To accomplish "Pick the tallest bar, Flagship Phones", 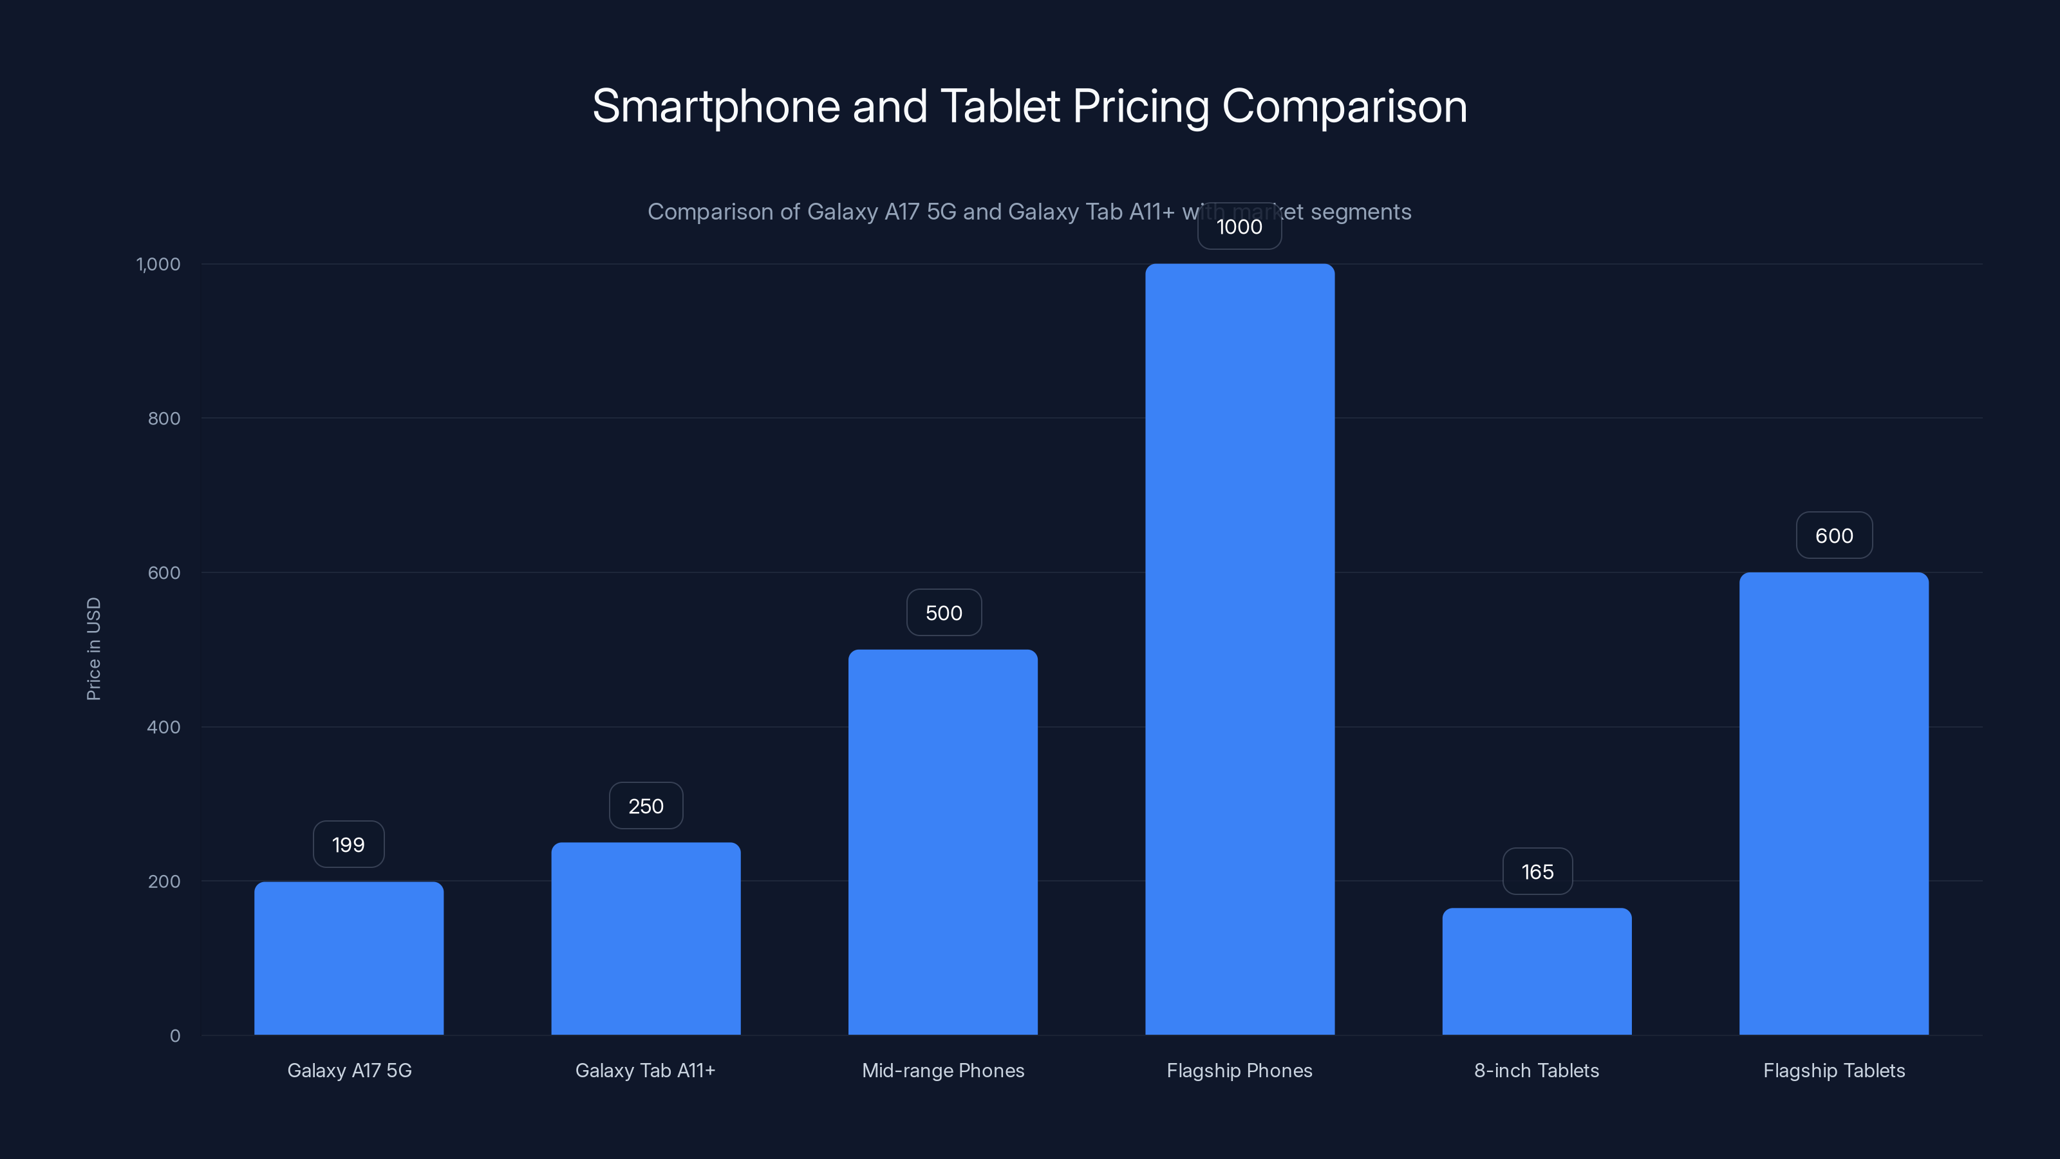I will (x=1239, y=648).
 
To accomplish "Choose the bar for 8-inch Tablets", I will (x=1536, y=971).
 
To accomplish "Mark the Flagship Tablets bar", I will (x=1833, y=803).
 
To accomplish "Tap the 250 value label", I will (x=645, y=806).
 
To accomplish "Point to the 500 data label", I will (x=944, y=613).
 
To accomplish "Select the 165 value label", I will (x=1537, y=871).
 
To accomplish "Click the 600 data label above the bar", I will (x=1833, y=535).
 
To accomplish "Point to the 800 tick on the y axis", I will (x=164, y=419).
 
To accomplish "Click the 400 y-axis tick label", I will (x=164, y=727).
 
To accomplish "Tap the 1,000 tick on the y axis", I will (x=158, y=264).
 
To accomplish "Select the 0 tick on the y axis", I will (x=175, y=1036).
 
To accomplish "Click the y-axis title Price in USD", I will (x=93, y=648).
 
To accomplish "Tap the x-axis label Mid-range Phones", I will (x=943, y=1070).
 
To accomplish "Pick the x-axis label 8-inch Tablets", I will (x=1536, y=1070).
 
